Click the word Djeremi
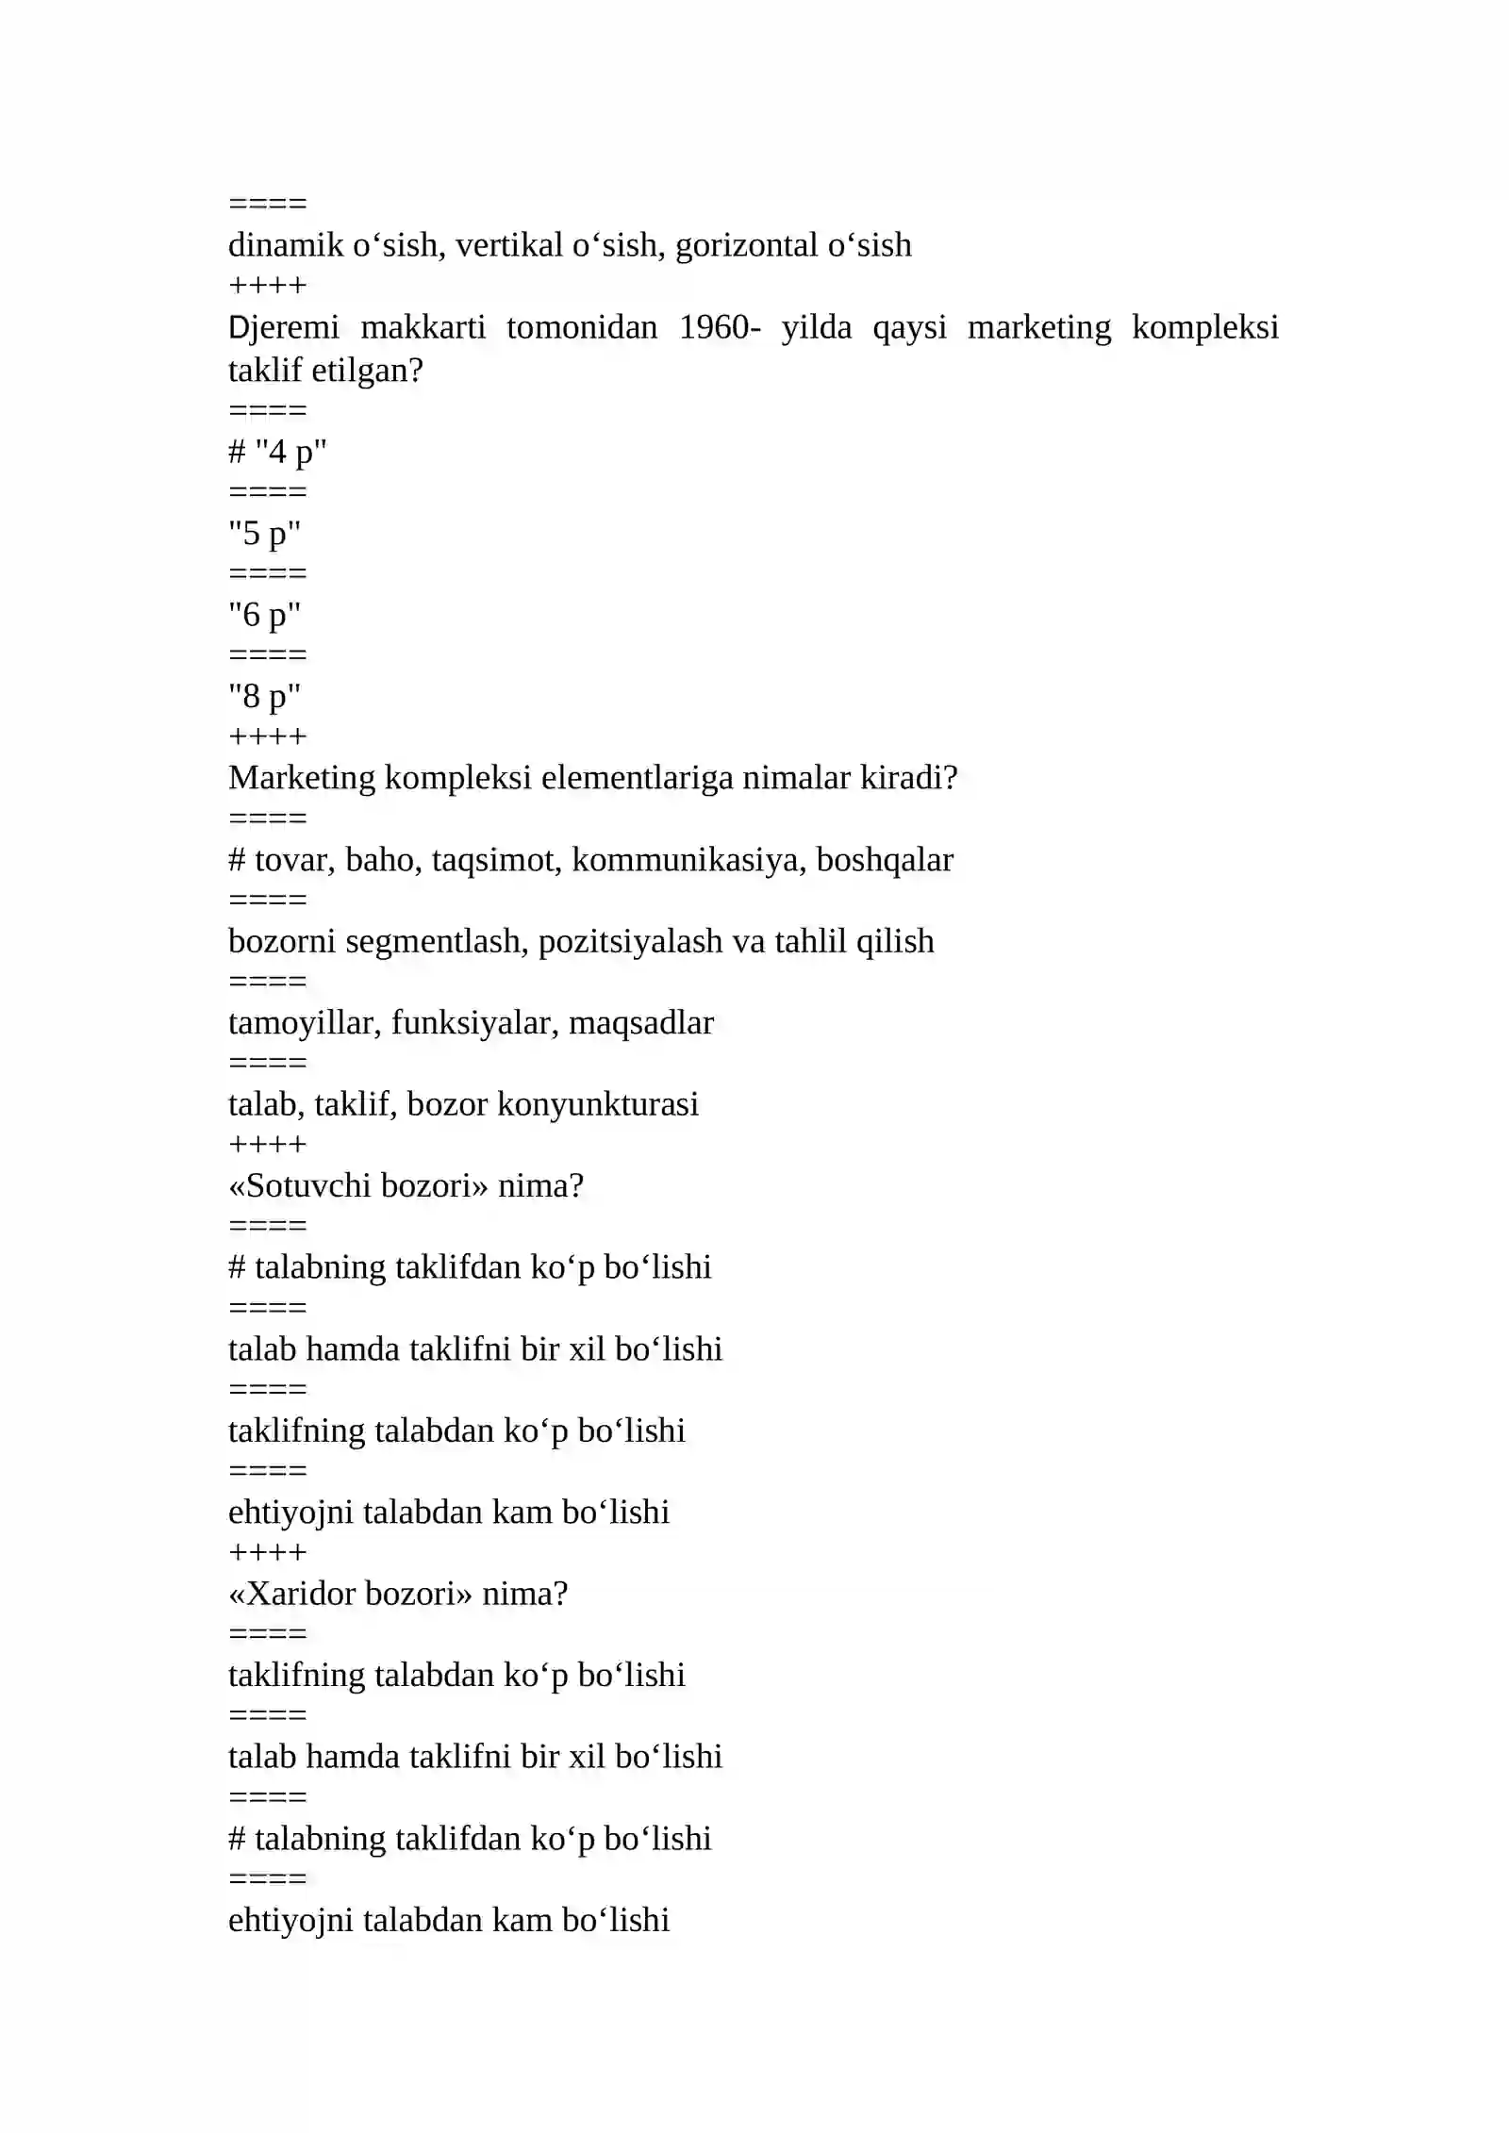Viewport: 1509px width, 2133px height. (x=283, y=328)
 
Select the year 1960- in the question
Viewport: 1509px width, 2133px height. (x=720, y=328)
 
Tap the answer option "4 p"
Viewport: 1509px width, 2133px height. (x=290, y=453)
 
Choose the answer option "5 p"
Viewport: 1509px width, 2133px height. (x=264, y=535)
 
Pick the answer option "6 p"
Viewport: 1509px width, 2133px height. (x=264, y=616)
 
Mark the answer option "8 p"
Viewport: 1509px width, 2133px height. (x=264, y=698)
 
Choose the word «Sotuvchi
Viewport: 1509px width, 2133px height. (x=300, y=1186)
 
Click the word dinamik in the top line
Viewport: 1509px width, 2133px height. (x=286, y=246)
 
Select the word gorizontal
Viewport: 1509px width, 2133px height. (x=746, y=246)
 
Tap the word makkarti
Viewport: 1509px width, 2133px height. (x=423, y=328)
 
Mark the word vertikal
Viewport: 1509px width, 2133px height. (x=509, y=246)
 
